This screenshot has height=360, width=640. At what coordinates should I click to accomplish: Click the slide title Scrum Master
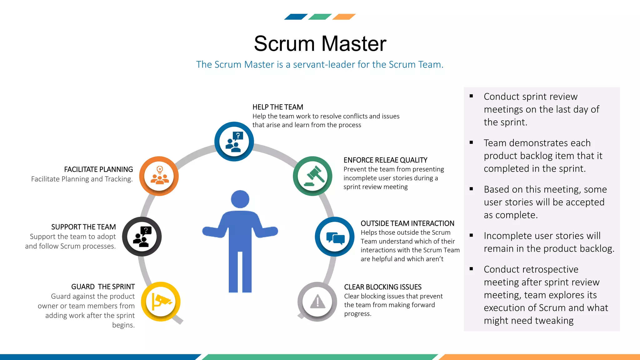tap(320, 43)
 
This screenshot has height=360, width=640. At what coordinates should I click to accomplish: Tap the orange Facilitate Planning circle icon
tap(159, 176)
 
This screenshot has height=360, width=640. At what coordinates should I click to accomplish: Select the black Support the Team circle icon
tap(142, 237)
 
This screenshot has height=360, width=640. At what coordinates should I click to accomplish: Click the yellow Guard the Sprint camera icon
tap(161, 302)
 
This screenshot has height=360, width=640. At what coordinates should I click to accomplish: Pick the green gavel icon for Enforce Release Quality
tap(312, 176)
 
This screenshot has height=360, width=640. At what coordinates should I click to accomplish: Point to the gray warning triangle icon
tap(317, 302)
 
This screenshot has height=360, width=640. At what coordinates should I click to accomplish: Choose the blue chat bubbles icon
tap(335, 237)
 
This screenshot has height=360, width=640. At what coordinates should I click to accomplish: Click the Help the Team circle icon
tap(234, 142)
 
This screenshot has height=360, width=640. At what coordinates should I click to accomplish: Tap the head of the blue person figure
tap(240, 199)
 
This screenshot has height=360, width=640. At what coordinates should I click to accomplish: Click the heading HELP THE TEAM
tap(278, 107)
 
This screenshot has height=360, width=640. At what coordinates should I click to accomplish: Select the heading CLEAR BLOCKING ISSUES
tap(383, 287)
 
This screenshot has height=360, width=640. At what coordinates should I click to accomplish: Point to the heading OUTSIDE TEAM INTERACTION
tap(407, 223)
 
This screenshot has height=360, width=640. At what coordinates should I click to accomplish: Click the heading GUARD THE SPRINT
tap(103, 287)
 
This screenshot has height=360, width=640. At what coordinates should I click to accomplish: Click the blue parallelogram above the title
tap(296, 17)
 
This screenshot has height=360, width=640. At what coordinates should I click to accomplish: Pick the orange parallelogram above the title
tap(344, 17)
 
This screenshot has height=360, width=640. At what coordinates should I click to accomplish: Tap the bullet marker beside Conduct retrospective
tap(471, 269)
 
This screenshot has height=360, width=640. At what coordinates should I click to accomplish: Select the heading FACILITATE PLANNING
tap(98, 169)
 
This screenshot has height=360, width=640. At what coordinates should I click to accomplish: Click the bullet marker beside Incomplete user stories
tap(471, 235)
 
